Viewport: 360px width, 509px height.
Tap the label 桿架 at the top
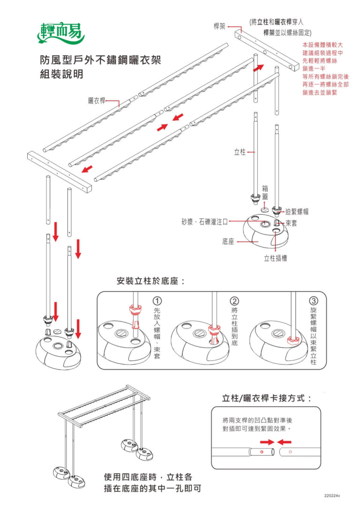[x=220, y=26]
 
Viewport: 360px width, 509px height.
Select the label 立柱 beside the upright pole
[x=240, y=152]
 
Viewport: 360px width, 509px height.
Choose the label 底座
[x=228, y=242]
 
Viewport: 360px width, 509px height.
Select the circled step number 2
[x=234, y=300]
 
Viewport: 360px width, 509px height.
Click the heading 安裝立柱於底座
[x=150, y=282]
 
